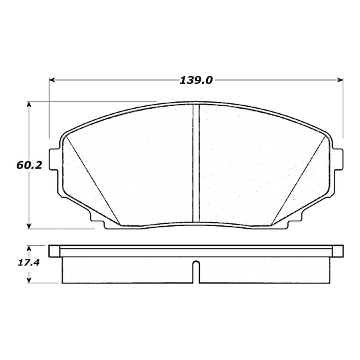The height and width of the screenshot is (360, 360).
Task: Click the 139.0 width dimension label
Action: tap(196, 80)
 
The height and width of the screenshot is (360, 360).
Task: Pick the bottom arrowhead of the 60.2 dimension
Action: tap(29, 225)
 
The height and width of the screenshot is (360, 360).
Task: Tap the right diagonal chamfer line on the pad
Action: tap(301, 181)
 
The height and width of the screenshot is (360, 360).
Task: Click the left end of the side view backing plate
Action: tap(53, 251)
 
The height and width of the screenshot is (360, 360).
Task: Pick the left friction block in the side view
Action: tap(127, 270)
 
